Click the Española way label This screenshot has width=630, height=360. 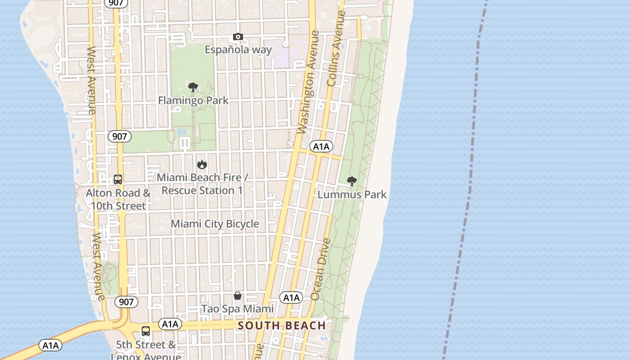[238, 49]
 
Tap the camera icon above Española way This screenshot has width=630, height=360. [238, 37]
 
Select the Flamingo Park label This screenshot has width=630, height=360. [193, 100]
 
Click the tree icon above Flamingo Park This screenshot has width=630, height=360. [193, 87]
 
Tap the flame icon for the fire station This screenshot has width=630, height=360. [202, 164]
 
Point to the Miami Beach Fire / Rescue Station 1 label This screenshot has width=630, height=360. [202, 184]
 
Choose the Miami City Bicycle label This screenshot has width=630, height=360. [215, 224]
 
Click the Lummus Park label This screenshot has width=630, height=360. [352, 194]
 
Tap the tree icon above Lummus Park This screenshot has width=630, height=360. [352, 181]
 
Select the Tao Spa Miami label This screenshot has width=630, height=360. [237, 309]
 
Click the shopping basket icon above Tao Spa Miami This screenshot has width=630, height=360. [238, 296]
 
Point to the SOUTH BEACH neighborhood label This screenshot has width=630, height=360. [282, 325]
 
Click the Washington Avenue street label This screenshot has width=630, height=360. [309, 82]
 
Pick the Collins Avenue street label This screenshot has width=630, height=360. [336, 48]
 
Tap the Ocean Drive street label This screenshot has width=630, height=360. [320, 270]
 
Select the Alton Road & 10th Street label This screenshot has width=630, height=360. [118, 199]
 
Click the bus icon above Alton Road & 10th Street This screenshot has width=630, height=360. [118, 180]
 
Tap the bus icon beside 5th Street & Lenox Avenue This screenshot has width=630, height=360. [146, 331]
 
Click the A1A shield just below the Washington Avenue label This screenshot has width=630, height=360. [321, 146]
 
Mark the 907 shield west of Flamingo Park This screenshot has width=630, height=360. [119, 136]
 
